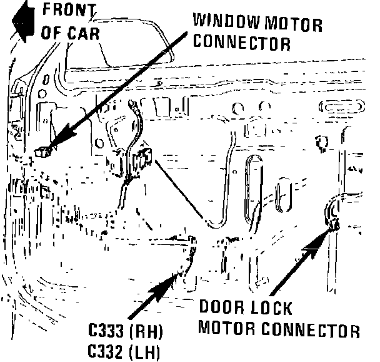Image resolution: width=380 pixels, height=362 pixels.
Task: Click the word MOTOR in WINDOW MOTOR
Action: [294, 25]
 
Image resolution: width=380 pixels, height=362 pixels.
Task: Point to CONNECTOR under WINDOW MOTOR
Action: [242, 43]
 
